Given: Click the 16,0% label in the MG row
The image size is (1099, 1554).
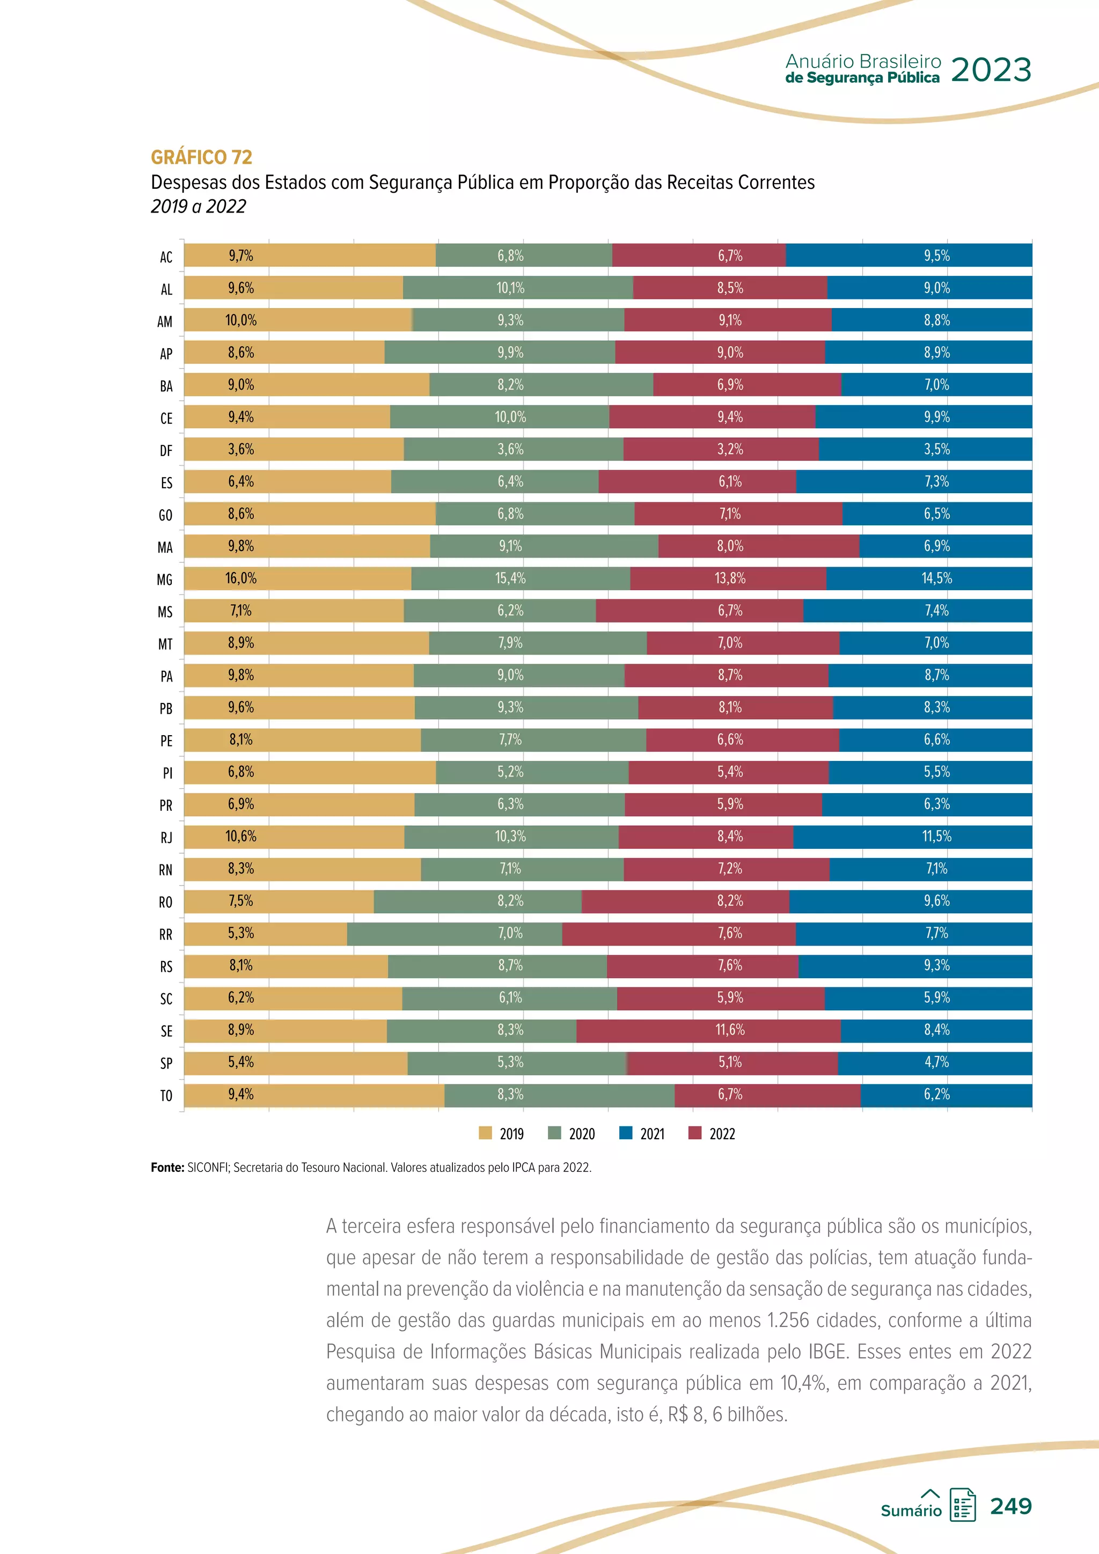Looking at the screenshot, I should click(241, 578).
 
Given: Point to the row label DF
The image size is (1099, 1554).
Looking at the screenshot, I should click(166, 451).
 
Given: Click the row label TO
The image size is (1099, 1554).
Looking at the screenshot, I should click(166, 1096).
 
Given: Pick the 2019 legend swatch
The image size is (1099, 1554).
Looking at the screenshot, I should click(485, 1133).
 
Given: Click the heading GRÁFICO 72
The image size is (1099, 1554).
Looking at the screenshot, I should click(201, 157).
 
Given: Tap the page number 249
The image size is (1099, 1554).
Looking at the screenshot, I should click(1010, 1506).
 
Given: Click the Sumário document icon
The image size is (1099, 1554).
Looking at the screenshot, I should click(962, 1505).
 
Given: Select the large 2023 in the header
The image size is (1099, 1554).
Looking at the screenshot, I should click(991, 70).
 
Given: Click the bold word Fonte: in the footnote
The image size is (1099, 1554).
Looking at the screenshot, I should click(167, 1168).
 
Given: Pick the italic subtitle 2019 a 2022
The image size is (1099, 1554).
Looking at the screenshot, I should click(198, 207).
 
